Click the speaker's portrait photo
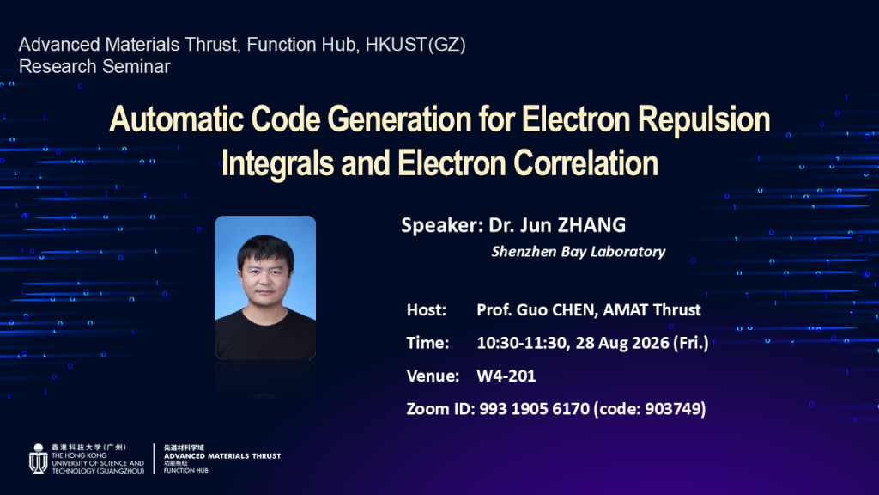pyautogui.click(x=265, y=287)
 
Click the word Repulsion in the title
pyautogui.click(x=704, y=120)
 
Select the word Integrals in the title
pyautogui.click(x=277, y=163)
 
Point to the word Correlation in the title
pyautogui.click(x=585, y=163)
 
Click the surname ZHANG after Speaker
pyautogui.click(x=591, y=225)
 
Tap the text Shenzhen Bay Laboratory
pyautogui.click(x=579, y=252)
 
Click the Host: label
pyautogui.click(x=427, y=309)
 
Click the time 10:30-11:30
pyautogui.click(x=521, y=343)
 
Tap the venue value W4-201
pyautogui.click(x=506, y=376)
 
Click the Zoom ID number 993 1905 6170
pyautogui.click(x=534, y=408)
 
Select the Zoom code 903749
pyautogui.click(x=673, y=408)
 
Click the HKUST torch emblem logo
pyautogui.click(x=38, y=459)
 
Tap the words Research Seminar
pyautogui.click(x=94, y=67)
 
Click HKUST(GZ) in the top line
pyautogui.click(x=415, y=45)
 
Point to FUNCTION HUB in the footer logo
pyautogui.click(x=185, y=470)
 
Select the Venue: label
pyautogui.click(x=433, y=376)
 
